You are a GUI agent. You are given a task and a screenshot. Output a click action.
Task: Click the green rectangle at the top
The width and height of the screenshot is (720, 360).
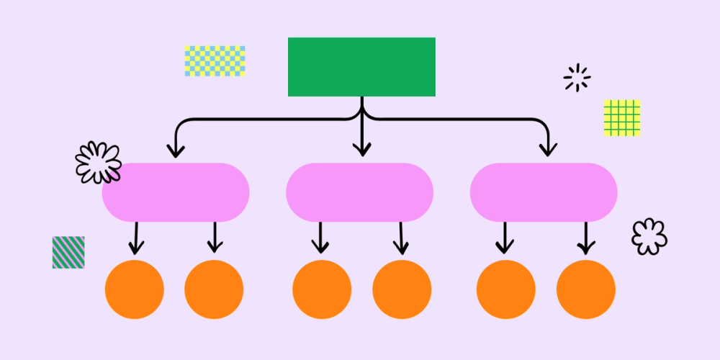click(361, 66)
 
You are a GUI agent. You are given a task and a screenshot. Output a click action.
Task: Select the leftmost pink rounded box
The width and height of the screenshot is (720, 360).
click(176, 192)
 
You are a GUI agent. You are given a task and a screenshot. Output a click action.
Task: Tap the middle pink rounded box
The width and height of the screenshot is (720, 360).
click(359, 192)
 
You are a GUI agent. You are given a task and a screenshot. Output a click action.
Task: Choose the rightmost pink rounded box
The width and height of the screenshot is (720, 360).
click(544, 192)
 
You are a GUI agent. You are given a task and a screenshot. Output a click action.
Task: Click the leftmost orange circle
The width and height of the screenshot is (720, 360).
click(135, 289)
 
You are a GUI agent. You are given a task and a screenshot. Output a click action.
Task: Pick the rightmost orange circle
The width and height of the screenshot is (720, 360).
click(586, 289)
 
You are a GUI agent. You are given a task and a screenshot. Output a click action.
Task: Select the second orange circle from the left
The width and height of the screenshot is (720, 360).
click(214, 289)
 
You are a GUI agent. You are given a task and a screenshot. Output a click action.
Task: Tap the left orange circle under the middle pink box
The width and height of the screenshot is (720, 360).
click(322, 289)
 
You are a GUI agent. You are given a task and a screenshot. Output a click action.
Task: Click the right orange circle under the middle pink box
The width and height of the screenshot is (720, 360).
click(402, 289)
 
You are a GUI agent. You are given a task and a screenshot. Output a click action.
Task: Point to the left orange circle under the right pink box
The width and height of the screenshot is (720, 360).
click(506, 289)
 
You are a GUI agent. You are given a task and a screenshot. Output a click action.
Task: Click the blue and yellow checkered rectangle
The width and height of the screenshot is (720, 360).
click(215, 61)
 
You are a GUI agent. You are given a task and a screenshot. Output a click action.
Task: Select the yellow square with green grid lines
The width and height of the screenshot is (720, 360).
click(622, 118)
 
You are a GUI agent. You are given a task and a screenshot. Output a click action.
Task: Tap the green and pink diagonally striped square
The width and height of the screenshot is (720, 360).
click(68, 252)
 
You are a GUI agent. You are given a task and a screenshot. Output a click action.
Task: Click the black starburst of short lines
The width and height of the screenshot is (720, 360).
click(577, 78)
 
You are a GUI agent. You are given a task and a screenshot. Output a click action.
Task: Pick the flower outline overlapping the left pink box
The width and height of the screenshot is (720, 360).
click(98, 162)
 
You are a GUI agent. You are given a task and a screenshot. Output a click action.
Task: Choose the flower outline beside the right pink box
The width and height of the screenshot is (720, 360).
click(649, 236)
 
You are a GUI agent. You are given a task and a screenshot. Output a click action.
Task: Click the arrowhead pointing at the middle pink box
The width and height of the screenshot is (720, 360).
click(361, 149)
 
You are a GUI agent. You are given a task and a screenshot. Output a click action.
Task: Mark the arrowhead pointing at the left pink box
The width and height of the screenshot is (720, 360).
click(176, 150)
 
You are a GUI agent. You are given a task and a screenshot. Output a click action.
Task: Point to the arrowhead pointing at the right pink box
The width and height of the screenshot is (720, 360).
click(549, 149)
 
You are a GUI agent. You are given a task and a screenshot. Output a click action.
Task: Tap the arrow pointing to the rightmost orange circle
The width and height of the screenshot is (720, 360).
click(586, 240)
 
